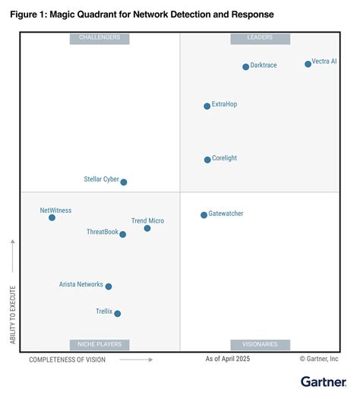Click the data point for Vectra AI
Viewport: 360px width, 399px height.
tap(308, 64)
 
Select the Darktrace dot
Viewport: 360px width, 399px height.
tap(245, 67)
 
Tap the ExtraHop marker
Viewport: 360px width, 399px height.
tap(207, 106)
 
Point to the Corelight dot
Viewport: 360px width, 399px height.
tap(207, 160)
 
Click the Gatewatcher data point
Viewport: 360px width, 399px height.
tap(204, 215)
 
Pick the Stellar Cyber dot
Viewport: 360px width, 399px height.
tap(124, 182)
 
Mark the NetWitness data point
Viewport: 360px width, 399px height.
tap(52, 217)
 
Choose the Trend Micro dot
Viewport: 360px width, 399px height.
tap(147, 228)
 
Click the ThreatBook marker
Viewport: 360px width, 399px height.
tap(123, 234)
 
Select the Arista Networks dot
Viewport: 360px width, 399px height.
tap(109, 287)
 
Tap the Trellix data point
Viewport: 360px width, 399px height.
tap(117, 313)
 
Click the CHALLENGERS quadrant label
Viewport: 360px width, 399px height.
tap(99, 38)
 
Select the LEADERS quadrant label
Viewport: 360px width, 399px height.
tap(259, 38)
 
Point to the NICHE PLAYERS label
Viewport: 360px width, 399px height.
tap(99, 344)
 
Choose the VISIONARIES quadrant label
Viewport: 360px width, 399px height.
tap(259, 344)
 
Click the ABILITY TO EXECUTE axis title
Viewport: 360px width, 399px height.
tap(13, 315)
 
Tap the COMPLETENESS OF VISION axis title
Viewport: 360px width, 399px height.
tap(68, 359)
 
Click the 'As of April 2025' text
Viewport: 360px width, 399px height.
tap(227, 359)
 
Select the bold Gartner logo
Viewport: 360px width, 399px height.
tap(319, 382)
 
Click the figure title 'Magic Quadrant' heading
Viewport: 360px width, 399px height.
tap(142, 14)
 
